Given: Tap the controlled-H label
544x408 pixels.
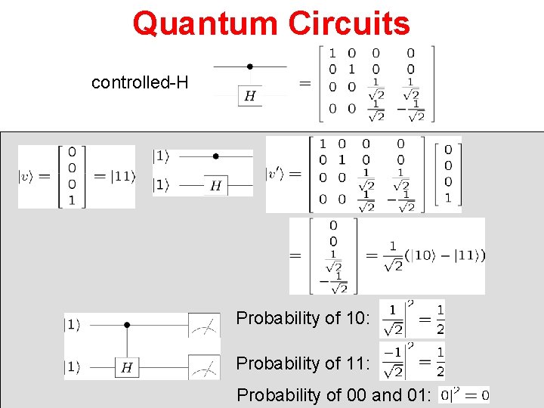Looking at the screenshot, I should click(140, 82).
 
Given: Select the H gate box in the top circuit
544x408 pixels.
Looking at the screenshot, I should click(250, 95).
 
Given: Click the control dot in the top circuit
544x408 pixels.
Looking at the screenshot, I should click(250, 66).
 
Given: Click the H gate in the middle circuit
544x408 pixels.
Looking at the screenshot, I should click(215, 185).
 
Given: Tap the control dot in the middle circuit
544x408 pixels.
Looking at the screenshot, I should click(215, 156).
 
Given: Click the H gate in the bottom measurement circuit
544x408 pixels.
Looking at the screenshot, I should click(127, 368).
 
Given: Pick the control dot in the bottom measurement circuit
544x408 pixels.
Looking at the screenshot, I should click(127, 325).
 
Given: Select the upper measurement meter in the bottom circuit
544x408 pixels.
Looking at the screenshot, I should click(204, 326).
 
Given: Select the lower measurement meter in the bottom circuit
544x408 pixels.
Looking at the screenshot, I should click(204, 367).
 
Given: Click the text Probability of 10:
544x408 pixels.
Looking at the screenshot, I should click(303, 318).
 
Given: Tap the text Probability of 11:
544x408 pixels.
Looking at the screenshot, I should click(303, 363).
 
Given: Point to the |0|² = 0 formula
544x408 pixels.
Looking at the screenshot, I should click(463, 394).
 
